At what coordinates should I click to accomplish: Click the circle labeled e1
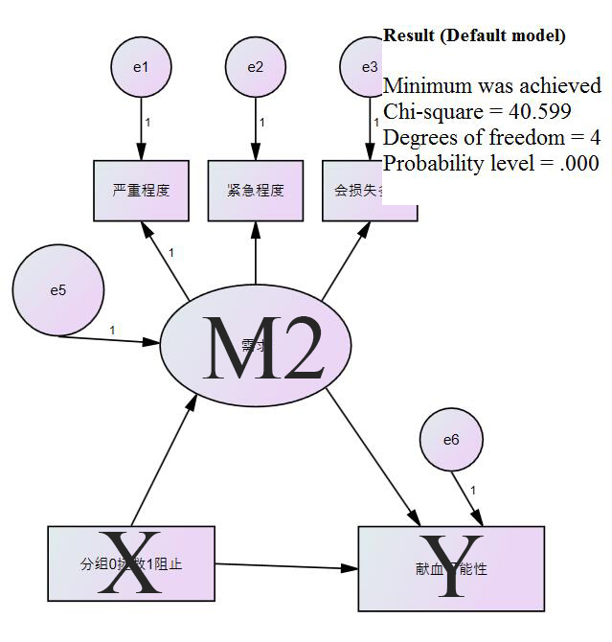(x=141, y=66)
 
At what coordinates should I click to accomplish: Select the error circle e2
(x=256, y=66)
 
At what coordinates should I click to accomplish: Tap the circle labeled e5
(x=57, y=290)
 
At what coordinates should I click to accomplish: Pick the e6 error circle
(x=450, y=440)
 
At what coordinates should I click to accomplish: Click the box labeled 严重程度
(x=141, y=190)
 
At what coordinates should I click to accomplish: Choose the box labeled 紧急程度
(x=256, y=190)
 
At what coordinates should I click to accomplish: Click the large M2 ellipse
(x=256, y=345)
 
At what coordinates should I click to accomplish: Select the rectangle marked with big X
(x=131, y=563)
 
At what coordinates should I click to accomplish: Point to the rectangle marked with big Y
(x=451, y=568)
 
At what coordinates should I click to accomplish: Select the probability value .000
(x=578, y=163)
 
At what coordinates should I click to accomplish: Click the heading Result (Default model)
(x=473, y=35)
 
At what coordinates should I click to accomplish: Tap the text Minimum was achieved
(x=491, y=85)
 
